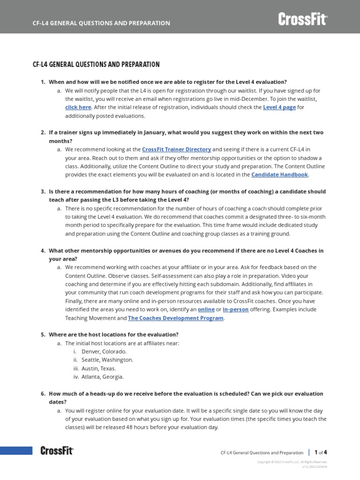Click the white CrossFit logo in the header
[x=302, y=19]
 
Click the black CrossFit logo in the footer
[x=57, y=451]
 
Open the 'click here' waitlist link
[x=78, y=107]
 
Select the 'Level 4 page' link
[x=279, y=107]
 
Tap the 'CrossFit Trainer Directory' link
[x=176, y=150]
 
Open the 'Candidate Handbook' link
[x=279, y=175]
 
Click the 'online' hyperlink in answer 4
[x=206, y=309]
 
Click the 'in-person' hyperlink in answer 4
[x=236, y=309]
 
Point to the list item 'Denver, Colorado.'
[x=104, y=352]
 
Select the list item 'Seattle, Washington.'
[x=107, y=360]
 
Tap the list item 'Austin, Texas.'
[x=98, y=368]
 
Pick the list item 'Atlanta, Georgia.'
[x=103, y=377]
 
